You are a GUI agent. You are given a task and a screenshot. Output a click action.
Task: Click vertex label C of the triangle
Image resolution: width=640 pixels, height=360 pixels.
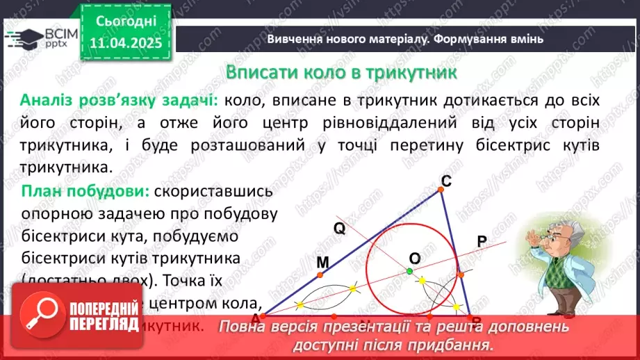point(447,181)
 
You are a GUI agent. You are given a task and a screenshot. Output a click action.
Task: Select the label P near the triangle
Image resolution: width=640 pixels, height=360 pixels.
point(482,240)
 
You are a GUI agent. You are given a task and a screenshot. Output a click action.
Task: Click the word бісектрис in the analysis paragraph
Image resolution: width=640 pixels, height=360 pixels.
point(495,147)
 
